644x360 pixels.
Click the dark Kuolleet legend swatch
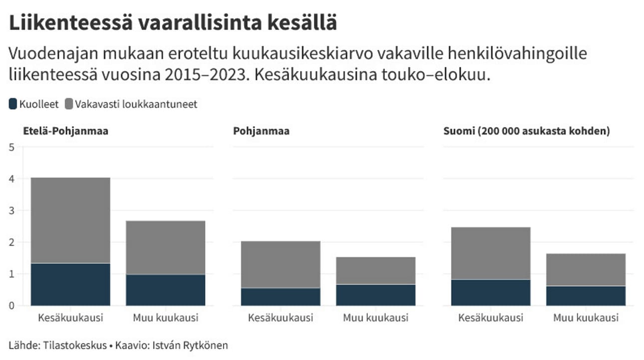[13, 104]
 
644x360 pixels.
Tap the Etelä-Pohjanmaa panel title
[66, 131]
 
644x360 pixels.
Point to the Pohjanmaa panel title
[261, 131]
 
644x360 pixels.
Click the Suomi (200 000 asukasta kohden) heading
[527, 131]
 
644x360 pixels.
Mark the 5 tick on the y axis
[12, 147]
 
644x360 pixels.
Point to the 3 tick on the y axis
[12, 210]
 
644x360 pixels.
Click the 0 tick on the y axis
[12, 306]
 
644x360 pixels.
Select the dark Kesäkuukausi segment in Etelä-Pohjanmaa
[70, 284]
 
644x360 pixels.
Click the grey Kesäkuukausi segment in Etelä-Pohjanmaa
[70, 220]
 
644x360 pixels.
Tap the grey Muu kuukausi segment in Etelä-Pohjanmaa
[165, 247]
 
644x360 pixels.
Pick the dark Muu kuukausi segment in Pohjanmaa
[375, 295]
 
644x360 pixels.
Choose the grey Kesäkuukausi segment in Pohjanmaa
[281, 264]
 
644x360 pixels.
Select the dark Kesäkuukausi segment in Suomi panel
[491, 292]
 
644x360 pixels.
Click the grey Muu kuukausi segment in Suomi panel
[586, 269]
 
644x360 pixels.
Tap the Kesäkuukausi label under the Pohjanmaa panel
[281, 318]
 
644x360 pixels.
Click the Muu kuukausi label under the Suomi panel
[586, 318]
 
